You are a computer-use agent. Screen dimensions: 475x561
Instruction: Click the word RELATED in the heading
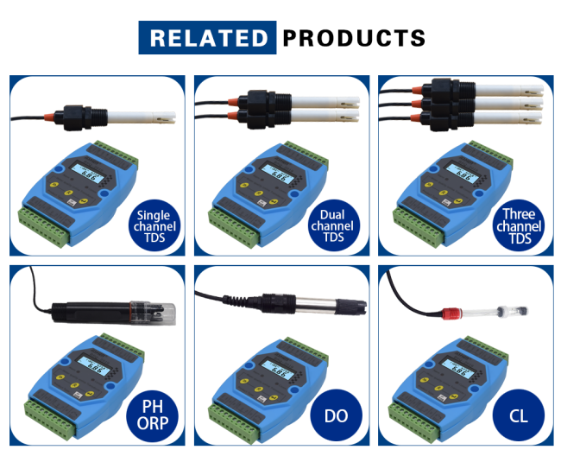point(208,38)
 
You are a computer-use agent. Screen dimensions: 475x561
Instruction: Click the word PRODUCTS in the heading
point(354,38)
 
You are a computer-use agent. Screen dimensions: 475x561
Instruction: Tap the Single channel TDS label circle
point(153,225)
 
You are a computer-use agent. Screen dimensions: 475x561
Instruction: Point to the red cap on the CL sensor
point(450,308)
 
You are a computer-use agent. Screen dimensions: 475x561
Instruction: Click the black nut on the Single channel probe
point(70,114)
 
